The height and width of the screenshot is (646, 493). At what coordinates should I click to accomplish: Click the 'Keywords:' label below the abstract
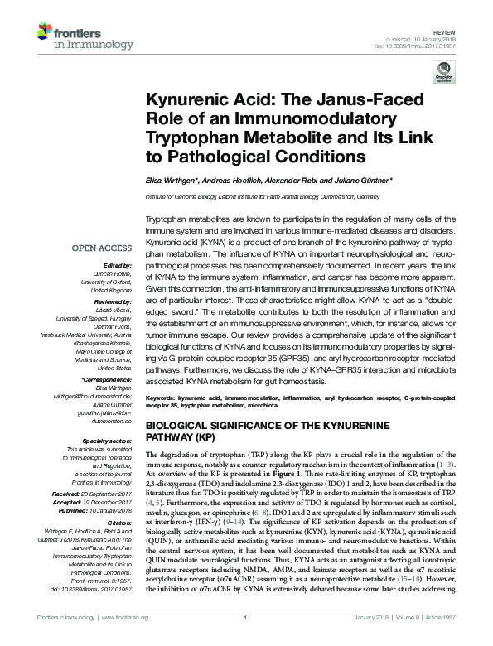click(x=162, y=398)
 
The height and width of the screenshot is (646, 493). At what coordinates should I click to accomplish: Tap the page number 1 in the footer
click(x=246, y=639)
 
